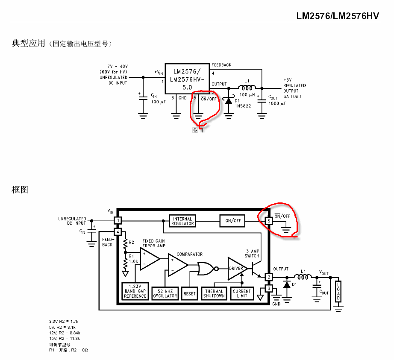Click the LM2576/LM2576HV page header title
coord(338,16)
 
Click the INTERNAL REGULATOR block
coord(182,221)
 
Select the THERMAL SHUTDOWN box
coord(214,293)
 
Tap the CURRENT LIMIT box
coord(242,293)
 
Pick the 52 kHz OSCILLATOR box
coord(165,293)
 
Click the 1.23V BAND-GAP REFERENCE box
coord(135,291)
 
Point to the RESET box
coord(189,293)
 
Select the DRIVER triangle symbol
coord(236,269)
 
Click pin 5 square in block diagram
coord(269,221)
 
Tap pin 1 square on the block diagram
coord(118,221)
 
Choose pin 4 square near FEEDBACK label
coord(118,232)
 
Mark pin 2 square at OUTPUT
coord(269,277)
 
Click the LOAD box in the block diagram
coord(338,291)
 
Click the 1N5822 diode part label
coord(243,106)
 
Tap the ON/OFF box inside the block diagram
coord(233,221)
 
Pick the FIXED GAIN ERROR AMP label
coord(154,243)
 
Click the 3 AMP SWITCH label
coord(252,253)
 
